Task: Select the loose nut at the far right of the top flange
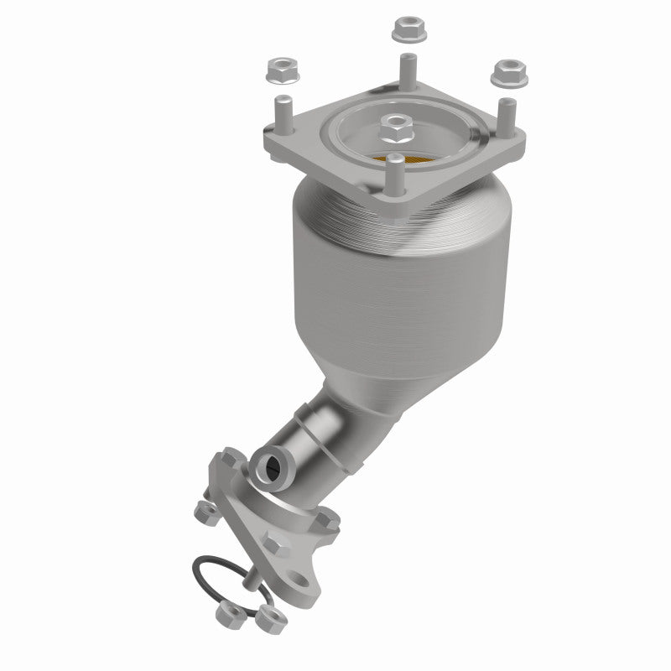click(507, 74)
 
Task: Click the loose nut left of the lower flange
click(201, 512)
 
